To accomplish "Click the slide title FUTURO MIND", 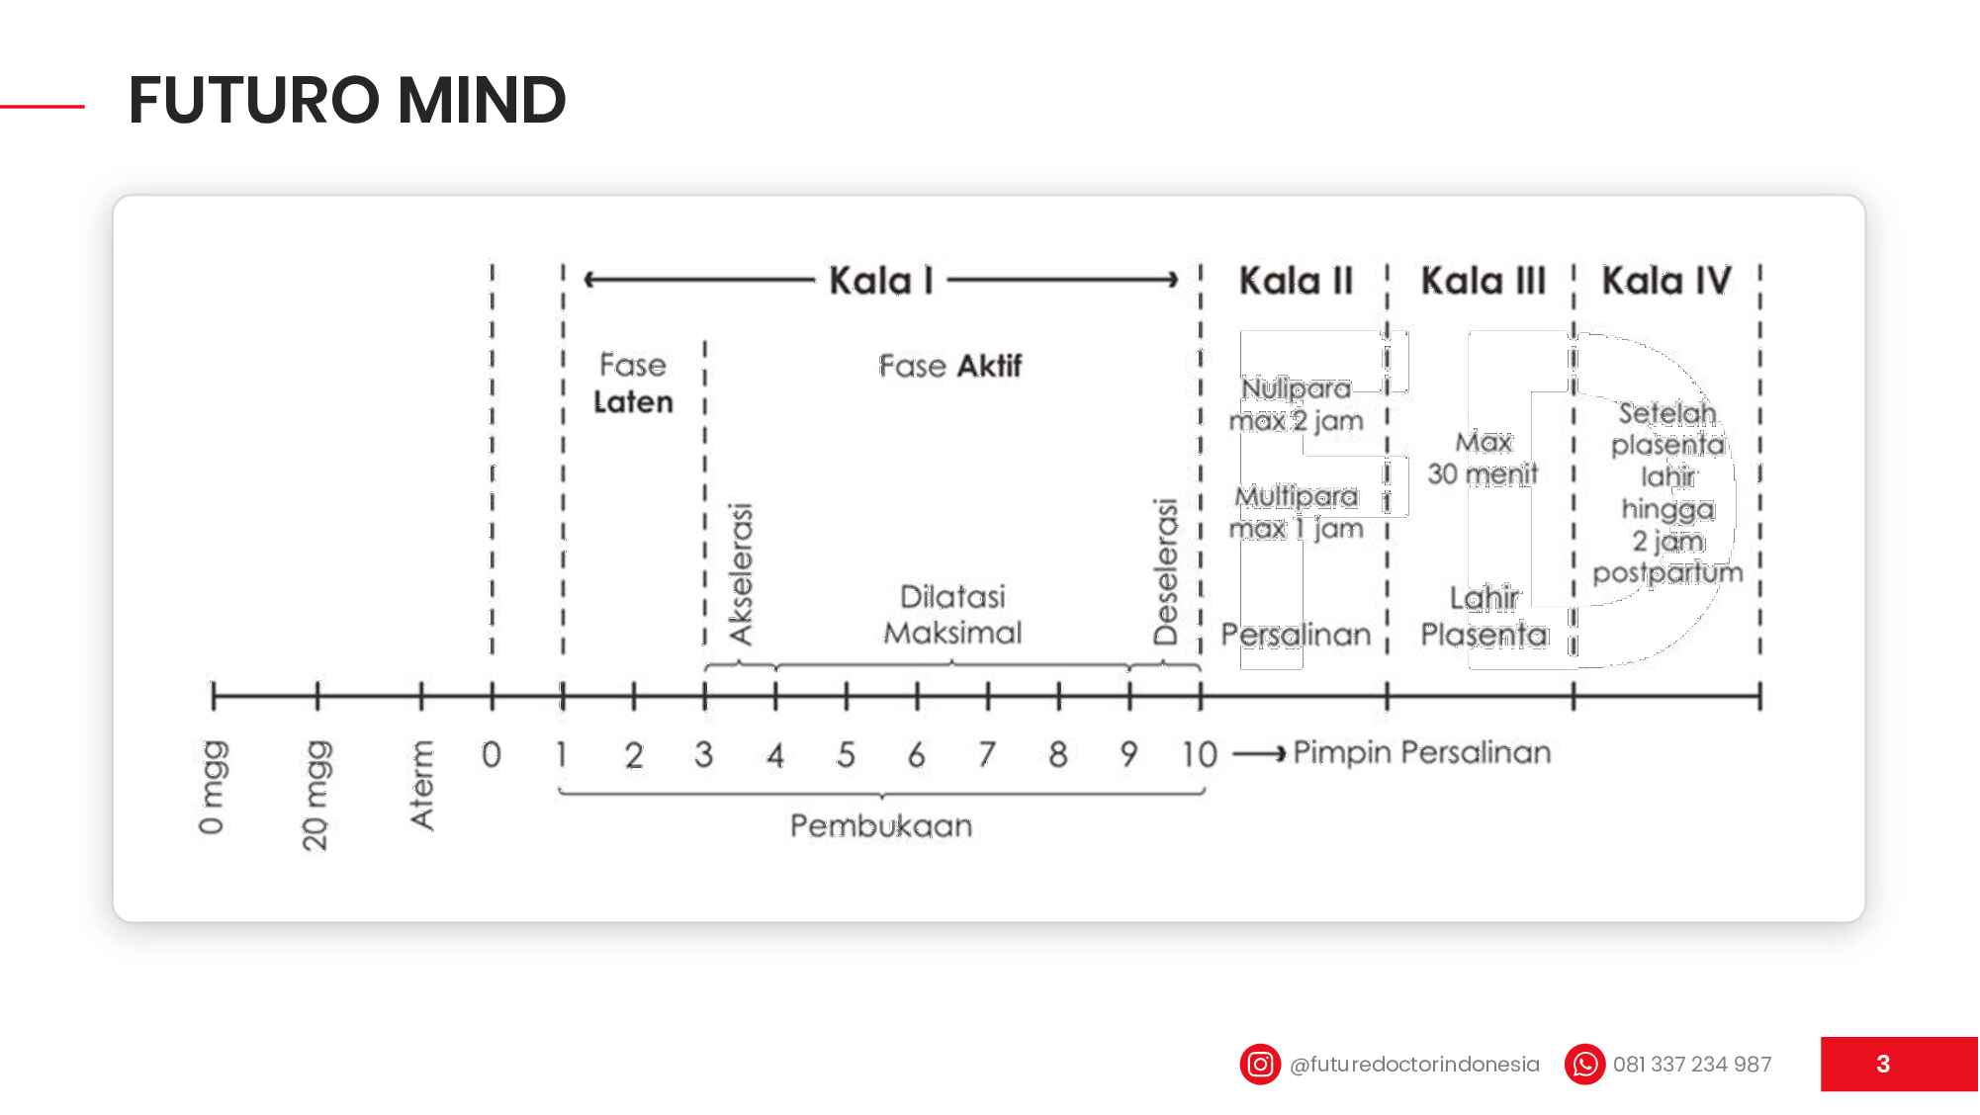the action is tap(347, 100).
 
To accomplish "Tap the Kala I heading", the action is tap(881, 281).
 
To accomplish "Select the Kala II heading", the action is tap(1296, 281).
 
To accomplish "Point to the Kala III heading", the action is tap(1483, 281).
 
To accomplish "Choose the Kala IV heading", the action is tap(1666, 281).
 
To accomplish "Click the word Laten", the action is tap(633, 402).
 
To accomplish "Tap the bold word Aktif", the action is tap(989, 366).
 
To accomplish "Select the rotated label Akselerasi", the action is tap(741, 573).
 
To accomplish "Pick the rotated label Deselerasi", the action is tap(1166, 571).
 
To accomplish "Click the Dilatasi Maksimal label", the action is tap(952, 615).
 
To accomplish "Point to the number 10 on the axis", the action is tap(1199, 755).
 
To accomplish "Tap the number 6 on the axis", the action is tap(917, 755).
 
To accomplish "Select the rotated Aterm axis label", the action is tap(422, 785).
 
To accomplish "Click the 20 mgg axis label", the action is tap(315, 795).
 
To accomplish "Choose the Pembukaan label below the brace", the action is tap(881, 825).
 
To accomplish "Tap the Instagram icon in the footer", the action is tap(1260, 1065).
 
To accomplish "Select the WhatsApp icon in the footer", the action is tap(1584, 1065).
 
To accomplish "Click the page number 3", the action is tap(1883, 1065).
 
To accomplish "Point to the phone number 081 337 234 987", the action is tap(1692, 1065).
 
